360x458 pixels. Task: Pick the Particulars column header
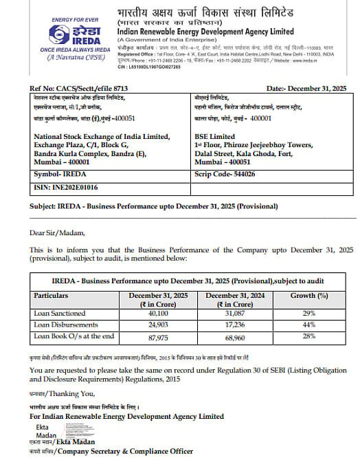(x=51, y=296)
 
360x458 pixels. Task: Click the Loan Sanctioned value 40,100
(x=157, y=313)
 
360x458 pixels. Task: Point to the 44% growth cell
(x=308, y=325)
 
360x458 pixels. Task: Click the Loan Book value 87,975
(x=157, y=336)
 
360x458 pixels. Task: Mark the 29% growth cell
(x=308, y=313)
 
